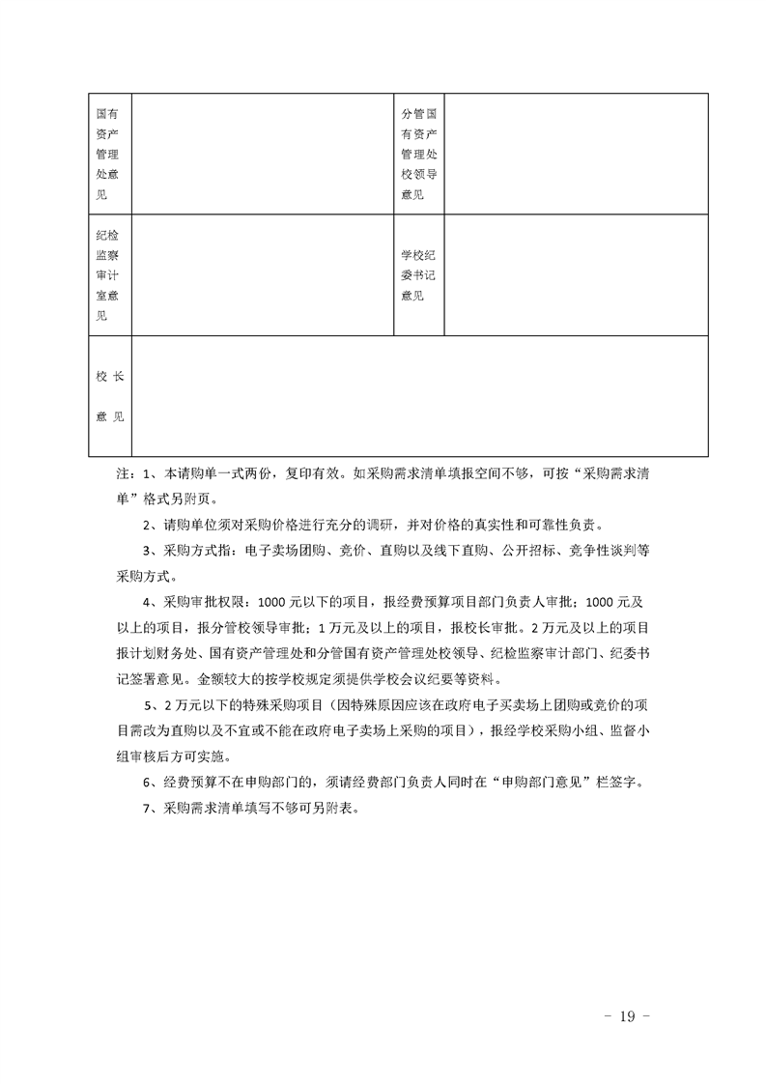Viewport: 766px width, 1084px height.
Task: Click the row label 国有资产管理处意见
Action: point(107,154)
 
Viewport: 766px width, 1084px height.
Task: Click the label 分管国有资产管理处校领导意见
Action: point(419,154)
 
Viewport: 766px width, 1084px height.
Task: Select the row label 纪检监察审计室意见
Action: point(107,275)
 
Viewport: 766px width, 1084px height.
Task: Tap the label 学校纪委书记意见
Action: point(419,275)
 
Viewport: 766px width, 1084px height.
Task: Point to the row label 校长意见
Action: point(108,396)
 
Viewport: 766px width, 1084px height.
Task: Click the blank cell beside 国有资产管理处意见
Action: point(262,154)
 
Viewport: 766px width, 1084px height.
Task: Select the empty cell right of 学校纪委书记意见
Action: point(576,275)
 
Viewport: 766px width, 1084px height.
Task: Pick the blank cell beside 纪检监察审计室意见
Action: point(262,275)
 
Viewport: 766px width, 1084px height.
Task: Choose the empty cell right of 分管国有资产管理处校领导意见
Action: point(576,154)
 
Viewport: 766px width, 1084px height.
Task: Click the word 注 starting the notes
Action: point(122,476)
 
